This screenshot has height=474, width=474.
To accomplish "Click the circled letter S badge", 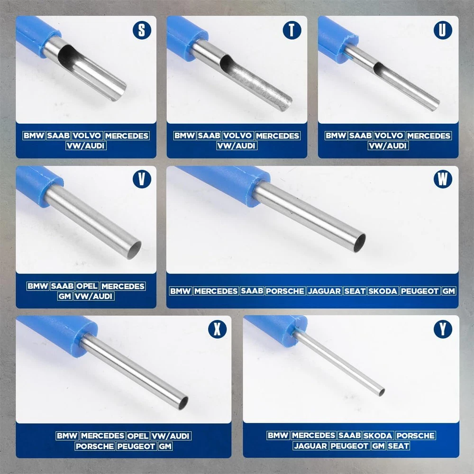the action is point(142,30).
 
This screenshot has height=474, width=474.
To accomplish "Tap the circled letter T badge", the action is point(292,30).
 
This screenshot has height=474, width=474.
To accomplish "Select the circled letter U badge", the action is point(443,30).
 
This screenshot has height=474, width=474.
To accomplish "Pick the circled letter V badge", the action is point(142,179).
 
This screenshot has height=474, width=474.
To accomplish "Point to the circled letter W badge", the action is point(443,179).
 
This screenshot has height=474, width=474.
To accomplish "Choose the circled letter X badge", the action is point(218,329).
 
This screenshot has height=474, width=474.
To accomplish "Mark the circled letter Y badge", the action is point(443,329).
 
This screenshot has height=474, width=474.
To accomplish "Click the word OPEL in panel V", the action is point(87,286).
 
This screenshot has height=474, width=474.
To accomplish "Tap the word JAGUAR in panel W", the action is point(324,291).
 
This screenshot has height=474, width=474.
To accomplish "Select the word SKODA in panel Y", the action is point(378,436).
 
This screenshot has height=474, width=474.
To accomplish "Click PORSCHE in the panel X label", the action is point(95,446).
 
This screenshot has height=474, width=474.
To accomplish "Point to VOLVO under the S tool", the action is point(87,136).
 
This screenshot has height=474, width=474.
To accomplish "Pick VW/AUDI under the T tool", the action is point(237,146).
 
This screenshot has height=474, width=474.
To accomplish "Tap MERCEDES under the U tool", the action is point(429,136).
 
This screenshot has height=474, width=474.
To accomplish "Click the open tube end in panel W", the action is point(359,243).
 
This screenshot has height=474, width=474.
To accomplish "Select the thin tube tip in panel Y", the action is point(382,392).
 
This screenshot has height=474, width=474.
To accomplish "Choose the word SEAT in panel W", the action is point(355,291).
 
